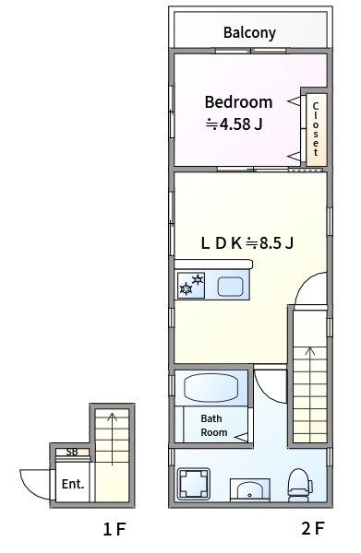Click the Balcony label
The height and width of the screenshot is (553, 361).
(249, 33)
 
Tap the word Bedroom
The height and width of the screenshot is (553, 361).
(238, 102)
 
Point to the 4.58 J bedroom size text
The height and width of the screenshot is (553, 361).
(235, 124)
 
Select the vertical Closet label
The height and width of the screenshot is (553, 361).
(316, 129)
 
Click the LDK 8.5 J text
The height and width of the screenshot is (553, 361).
(247, 243)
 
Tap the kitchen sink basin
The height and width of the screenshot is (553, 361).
(230, 287)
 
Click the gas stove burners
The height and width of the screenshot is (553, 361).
(191, 285)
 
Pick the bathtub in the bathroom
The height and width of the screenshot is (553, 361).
(211, 388)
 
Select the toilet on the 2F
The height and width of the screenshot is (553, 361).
(300, 484)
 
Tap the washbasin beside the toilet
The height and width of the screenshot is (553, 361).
(250, 490)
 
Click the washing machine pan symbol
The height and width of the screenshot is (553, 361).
(194, 484)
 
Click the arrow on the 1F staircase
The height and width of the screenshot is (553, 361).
(113, 439)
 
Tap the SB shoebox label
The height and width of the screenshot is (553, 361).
(72, 452)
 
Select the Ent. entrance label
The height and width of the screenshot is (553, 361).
(73, 484)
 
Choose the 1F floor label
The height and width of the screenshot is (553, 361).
(114, 529)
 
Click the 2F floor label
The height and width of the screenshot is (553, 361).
(313, 528)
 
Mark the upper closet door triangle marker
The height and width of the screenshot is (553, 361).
(295, 101)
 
